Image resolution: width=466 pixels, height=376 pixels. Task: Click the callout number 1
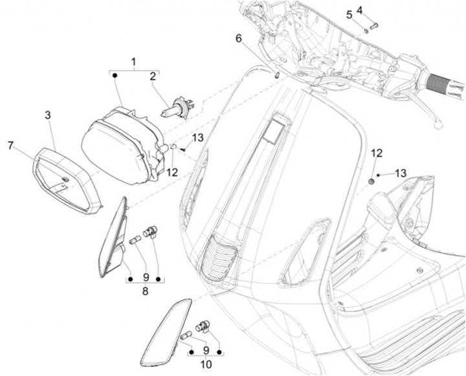click(134, 62)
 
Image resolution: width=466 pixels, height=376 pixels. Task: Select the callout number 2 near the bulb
click(153, 76)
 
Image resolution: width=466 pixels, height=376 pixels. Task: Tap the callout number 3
click(48, 115)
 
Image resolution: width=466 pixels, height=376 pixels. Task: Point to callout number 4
click(377, 10)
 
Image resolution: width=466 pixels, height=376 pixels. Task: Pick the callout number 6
click(239, 38)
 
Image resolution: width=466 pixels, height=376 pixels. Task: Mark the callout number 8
click(145, 291)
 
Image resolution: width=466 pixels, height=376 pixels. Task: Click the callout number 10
click(206, 364)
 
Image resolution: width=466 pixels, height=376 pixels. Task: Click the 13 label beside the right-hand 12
click(401, 173)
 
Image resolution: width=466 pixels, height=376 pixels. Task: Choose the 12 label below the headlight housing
click(172, 172)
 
